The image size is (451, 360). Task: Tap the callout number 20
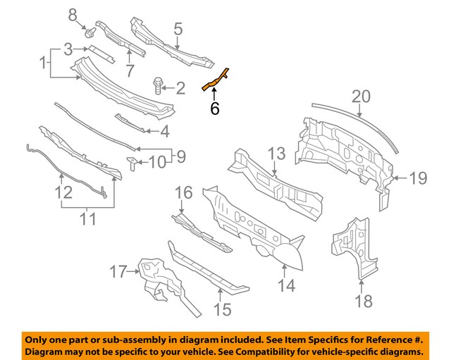(x=360, y=95)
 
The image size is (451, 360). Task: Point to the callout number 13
(x=276, y=154)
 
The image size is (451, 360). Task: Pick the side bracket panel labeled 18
(x=354, y=247)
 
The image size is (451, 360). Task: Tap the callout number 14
(x=285, y=286)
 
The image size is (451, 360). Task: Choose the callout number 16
(x=183, y=192)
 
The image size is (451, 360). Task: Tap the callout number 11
(x=86, y=220)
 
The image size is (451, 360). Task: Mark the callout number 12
(x=63, y=192)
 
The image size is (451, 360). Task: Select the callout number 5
(x=178, y=29)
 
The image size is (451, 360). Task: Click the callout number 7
(x=129, y=70)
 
